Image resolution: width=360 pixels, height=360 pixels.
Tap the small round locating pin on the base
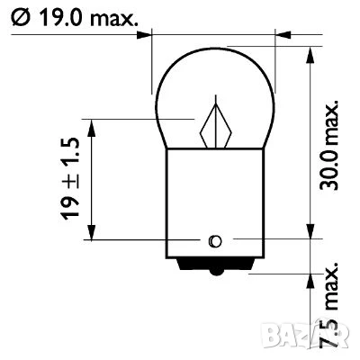[213, 240]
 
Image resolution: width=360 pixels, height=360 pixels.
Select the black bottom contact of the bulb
[213, 264]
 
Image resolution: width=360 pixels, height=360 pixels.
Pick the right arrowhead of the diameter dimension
[280, 37]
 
